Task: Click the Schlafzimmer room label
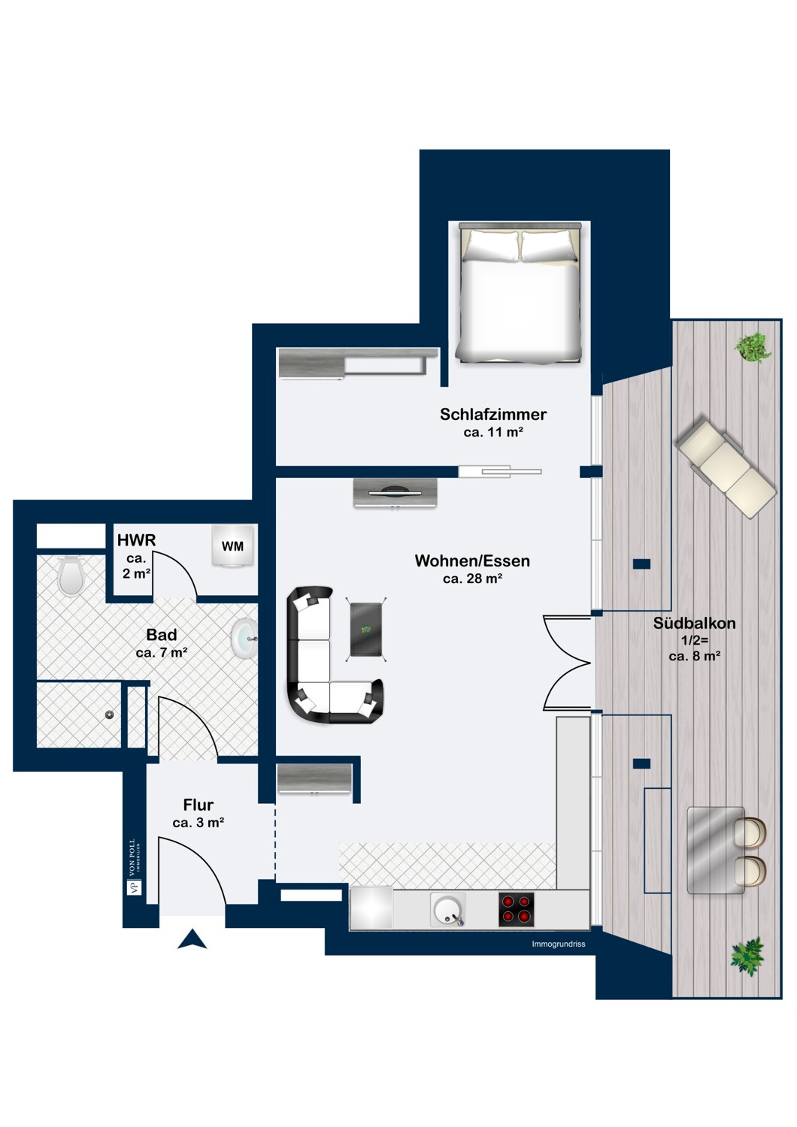coord(492,414)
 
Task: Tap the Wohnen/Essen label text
coord(471,560)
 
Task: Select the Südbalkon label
coord(694,623)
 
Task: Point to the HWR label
coord(136,540)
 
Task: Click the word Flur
coord(198,805)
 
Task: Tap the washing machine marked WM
coord(232,546)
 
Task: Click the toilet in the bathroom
coord(71,575)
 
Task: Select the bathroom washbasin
coord(244,639)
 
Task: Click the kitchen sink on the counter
coord(447,910)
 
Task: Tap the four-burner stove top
coord(516,910)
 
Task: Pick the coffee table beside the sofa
coord(366,630)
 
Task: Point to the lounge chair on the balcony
coord(726,466)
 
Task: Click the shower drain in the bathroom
coord(109,715)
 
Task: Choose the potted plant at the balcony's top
coord(752,347)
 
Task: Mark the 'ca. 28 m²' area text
coord(472,579)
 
